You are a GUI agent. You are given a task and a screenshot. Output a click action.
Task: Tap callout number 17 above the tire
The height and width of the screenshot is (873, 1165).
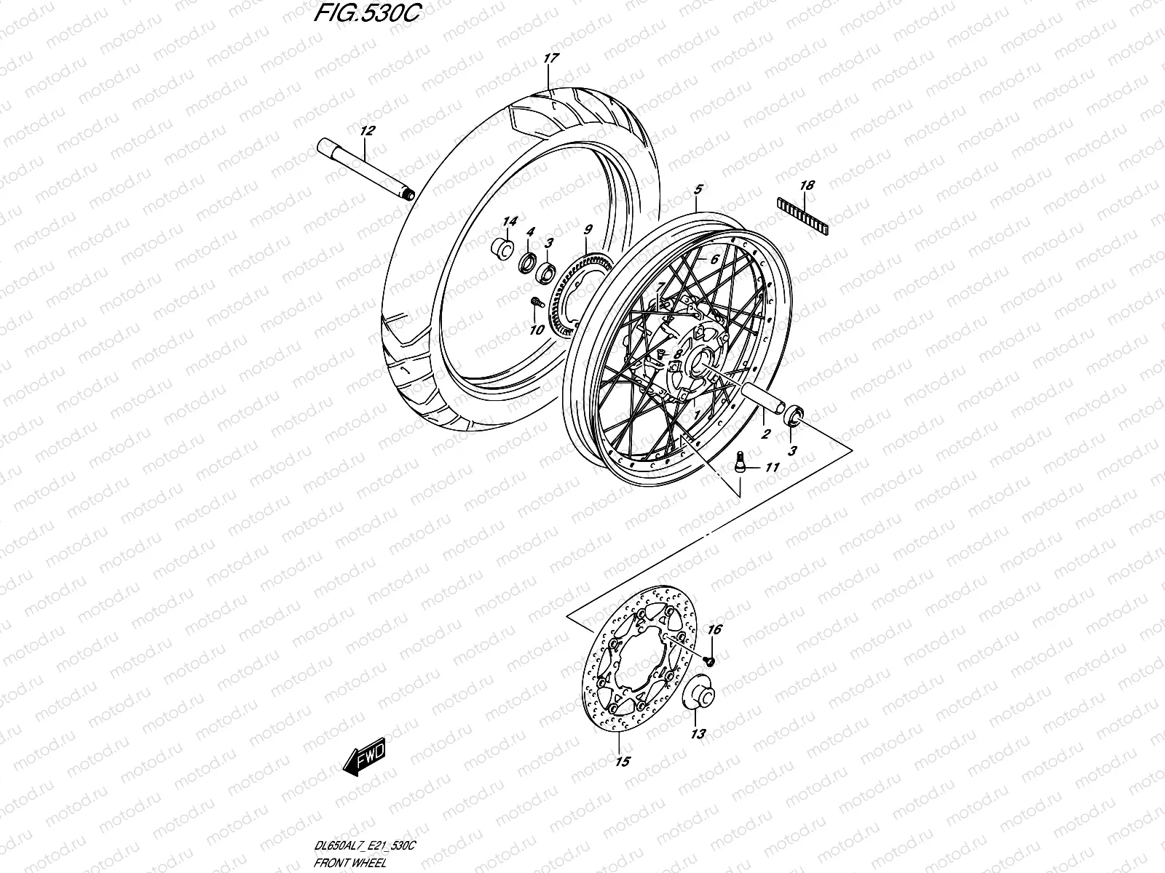click(550, 57)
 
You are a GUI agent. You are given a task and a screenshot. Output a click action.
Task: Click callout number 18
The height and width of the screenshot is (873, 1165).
click(806, 186)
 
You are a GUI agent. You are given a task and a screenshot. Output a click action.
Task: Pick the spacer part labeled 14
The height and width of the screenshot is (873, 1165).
click(500, 248)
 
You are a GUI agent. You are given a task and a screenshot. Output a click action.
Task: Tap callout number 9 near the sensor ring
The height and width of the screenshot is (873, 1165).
click(588, 231)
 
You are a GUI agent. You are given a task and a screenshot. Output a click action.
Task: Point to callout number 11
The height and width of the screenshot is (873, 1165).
click(773, 468)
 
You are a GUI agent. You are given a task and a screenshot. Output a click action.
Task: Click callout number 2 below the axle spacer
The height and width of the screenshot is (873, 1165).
click(765, 435)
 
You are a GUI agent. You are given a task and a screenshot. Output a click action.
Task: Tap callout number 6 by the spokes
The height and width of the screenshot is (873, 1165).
click(714, 259)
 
